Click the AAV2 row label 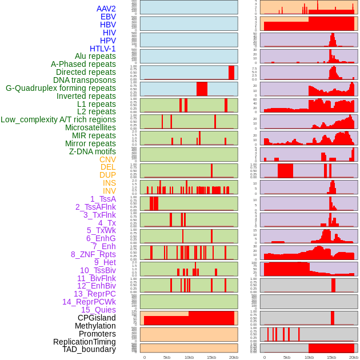coord(106,9)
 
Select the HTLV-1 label coord(102,49)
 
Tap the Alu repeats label coord(95,56)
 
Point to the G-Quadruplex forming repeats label coord(61,88)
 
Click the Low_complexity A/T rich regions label coord(58,119)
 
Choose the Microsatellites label coord(90,127)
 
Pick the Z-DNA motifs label coord(93,151)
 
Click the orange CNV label coord(107,159)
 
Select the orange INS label coord(109,183)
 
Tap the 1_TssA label coord(103,199)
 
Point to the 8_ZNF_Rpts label coord(93,254)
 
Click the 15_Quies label coord(98,310)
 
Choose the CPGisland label coord(97,318)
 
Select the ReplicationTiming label coord(84,342)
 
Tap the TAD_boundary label coord(89,349)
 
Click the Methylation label coord(91,326)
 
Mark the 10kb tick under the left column coord(189,357)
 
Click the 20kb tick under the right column coord(354,357)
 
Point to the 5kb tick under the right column coord(286,357)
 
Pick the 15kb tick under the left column coord(211,357)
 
